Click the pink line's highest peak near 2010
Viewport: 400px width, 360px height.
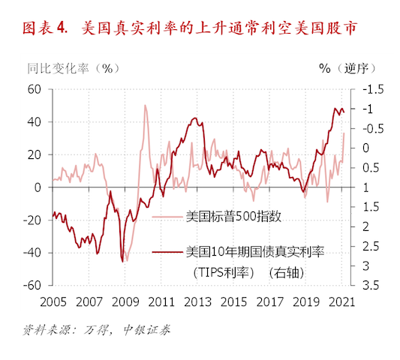click(144, 105)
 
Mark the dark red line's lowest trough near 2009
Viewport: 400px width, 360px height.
click(122, 262)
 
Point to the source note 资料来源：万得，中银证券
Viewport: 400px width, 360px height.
click(97, 329)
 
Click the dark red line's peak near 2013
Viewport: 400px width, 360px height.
click(195, 118)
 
